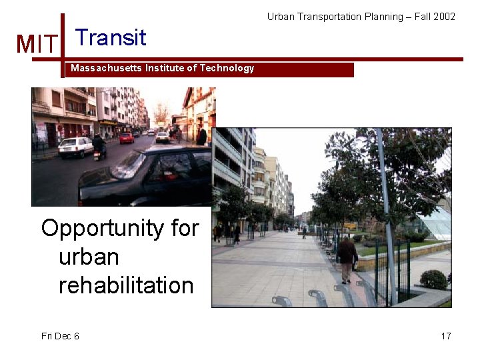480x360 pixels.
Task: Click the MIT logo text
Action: [x=37, y=45]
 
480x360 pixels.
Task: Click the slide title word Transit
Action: [x=111, y=37]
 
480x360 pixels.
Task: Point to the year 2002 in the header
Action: [x=444, y=16]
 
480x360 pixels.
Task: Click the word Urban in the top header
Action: [x=281, y=16]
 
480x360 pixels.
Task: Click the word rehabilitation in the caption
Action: [x=126, y=285]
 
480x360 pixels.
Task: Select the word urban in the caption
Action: [x=89, y=257]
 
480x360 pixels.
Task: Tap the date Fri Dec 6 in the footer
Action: [x=60, y=336]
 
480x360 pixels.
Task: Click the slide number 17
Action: [x=446, y=336]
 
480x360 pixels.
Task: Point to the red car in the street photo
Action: [x=127, y=138]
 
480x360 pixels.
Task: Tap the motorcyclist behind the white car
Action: [x=99, y=146]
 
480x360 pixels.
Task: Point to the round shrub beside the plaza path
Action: [x=433, y=279]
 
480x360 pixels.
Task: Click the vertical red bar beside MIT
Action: [x=63, y=45]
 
